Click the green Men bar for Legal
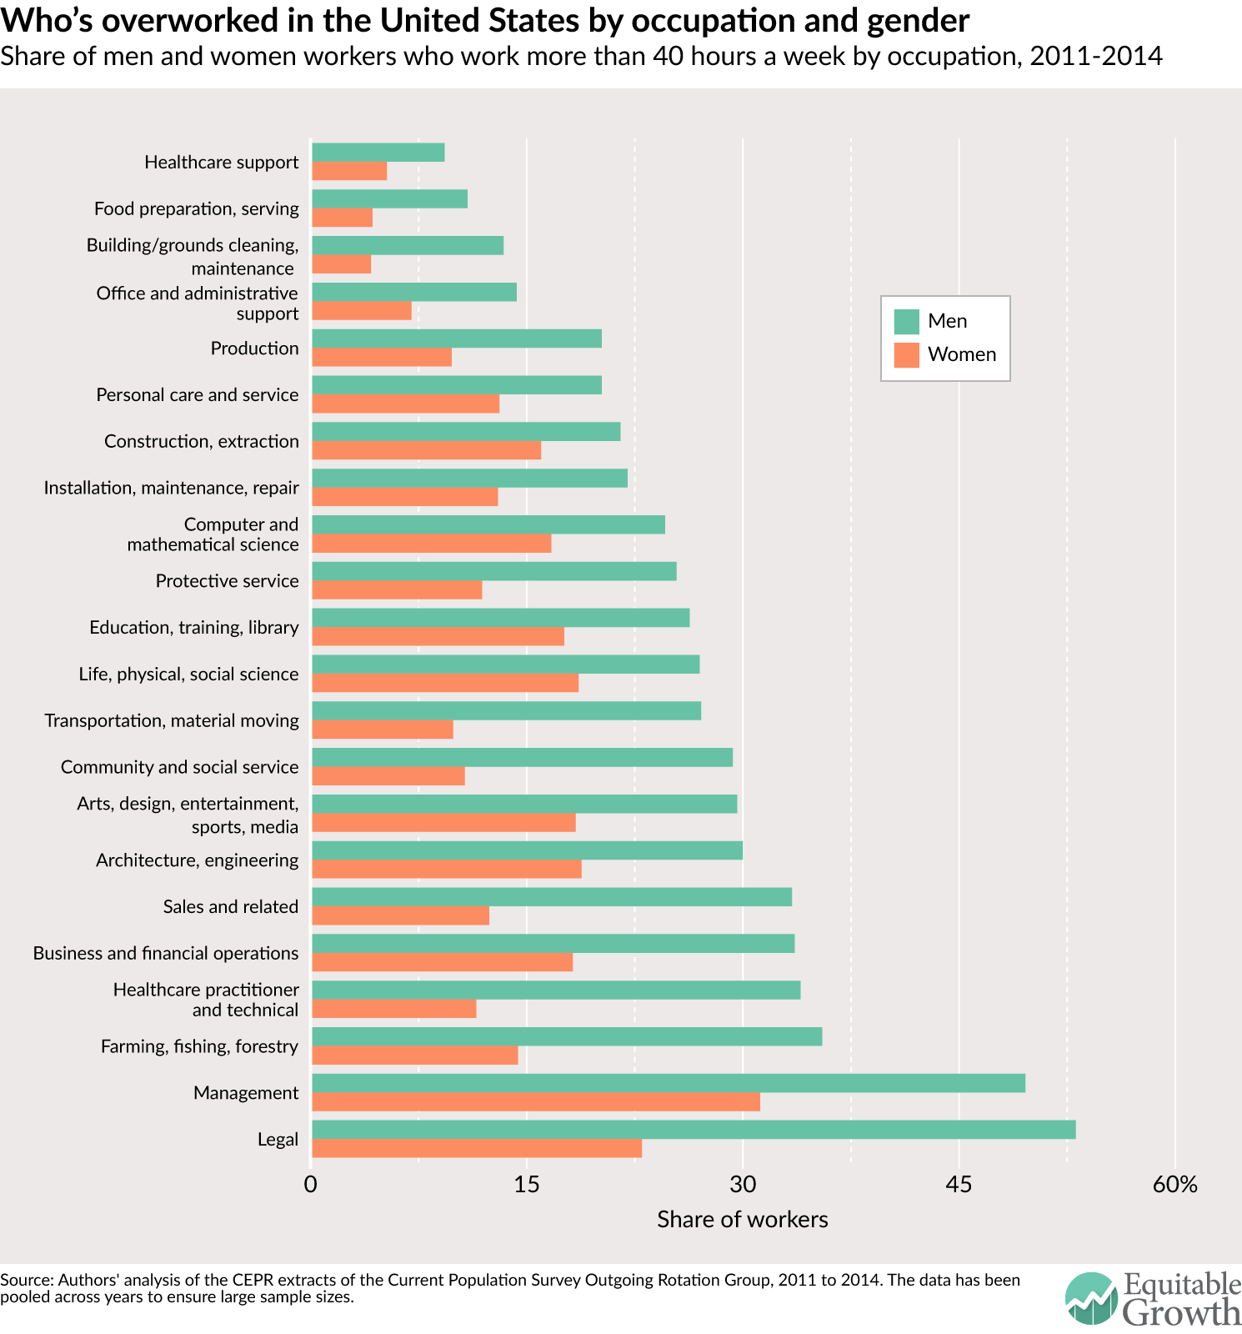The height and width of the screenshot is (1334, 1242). tap(694, 1130)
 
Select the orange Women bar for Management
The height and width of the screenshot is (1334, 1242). tap(536, 1101)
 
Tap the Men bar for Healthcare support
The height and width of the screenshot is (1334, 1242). tap(378, 153)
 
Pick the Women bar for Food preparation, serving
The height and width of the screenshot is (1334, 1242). tap(343, 218)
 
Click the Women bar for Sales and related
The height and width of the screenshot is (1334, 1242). tap(401, 915)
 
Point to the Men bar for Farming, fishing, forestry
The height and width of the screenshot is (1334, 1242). tap(567, 1036)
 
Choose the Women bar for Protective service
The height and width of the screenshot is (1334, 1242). tap(397, 589)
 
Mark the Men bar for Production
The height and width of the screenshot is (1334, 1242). tap(457, 339)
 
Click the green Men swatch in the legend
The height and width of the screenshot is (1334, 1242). tap(906, 321)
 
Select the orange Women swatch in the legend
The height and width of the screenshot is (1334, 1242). tap(906, 354)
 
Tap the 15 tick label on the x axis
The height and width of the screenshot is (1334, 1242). tap(527, 1185)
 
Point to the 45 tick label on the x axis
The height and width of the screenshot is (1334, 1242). tap(959, 1185)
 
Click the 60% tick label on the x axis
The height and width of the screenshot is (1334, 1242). tap(1174, 1185)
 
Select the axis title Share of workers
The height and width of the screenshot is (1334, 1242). tap(742, 1220)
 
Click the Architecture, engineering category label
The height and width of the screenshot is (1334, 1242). tap(197, 860)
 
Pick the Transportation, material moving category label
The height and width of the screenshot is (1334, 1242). tap(172, 720)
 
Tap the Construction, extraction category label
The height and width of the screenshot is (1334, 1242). tap(201, 441)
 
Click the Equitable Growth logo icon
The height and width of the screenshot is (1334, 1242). tap(1091, 1298)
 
